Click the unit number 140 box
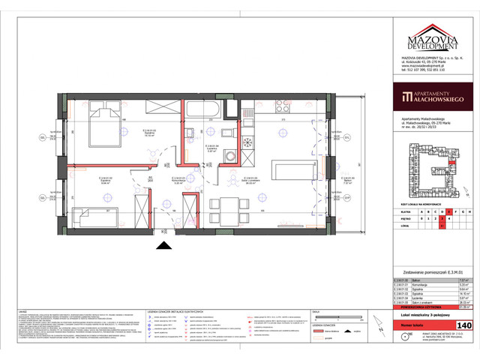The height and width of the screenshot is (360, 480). (463, 325)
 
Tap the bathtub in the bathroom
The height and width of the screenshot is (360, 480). (202, 109)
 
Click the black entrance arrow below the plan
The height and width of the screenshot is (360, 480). (162, 244)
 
